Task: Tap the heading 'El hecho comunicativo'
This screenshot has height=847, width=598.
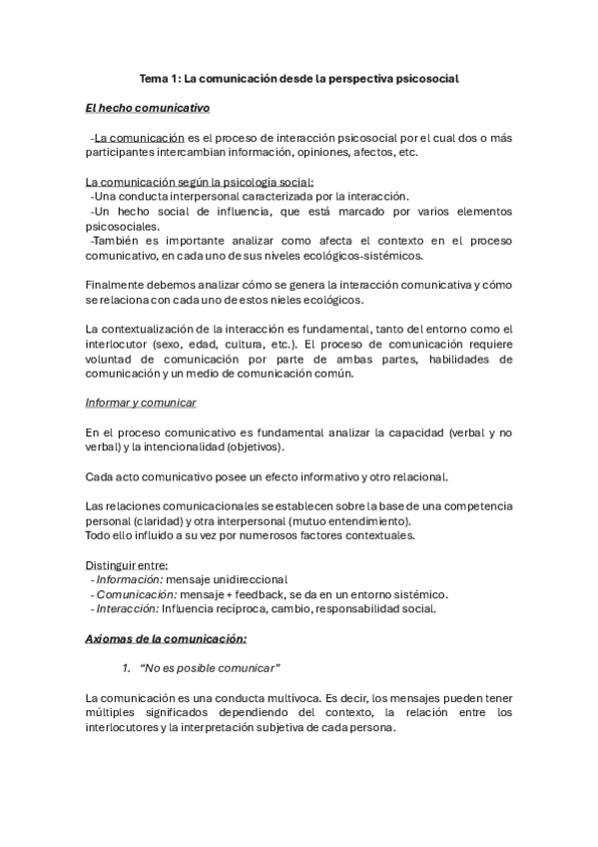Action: pos(148,107)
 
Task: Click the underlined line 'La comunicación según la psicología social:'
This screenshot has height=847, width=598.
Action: pos(200,182)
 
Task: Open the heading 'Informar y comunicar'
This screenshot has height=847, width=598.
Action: pos(142,403)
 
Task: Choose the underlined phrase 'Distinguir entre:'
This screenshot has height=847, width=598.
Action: pos(127,564)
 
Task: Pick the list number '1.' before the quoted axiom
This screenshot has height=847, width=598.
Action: pos(127,667)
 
